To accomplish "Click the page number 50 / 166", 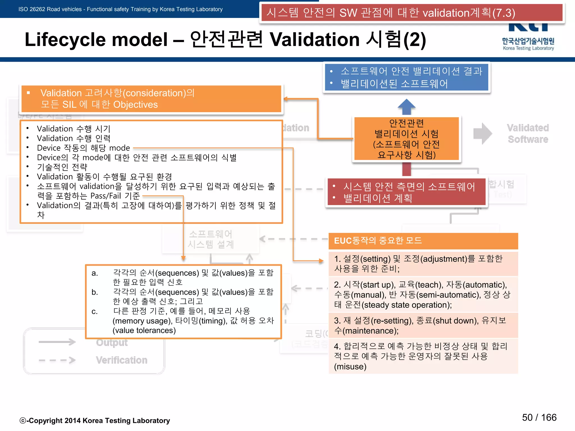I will click(x=539, y=418).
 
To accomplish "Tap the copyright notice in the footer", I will click(x=95, y=421).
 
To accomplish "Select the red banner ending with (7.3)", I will click(x=412, y=13).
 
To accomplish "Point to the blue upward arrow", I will click(x=406, y=106).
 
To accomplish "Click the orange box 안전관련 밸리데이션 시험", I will click(x=406, y=139).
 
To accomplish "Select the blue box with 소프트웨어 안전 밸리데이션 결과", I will click(x=406, y=77).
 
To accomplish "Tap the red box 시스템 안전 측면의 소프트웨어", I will click(x=406, y=192).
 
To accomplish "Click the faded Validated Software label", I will click(x=528, y=134).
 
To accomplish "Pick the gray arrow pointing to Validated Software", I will click(x=482, y=134).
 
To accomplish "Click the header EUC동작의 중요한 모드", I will click(x=378, y=241).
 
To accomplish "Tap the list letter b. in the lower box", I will click(x=95, y=292).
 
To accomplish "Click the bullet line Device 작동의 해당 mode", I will click(x=83, y=148).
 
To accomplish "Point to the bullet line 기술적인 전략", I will click(x=62, y=167).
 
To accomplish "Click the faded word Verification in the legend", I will click(x=122, y=360).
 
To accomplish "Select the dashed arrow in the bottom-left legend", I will click(x=57, y=360).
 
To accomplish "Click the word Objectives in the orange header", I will click(x=135, y=105).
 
